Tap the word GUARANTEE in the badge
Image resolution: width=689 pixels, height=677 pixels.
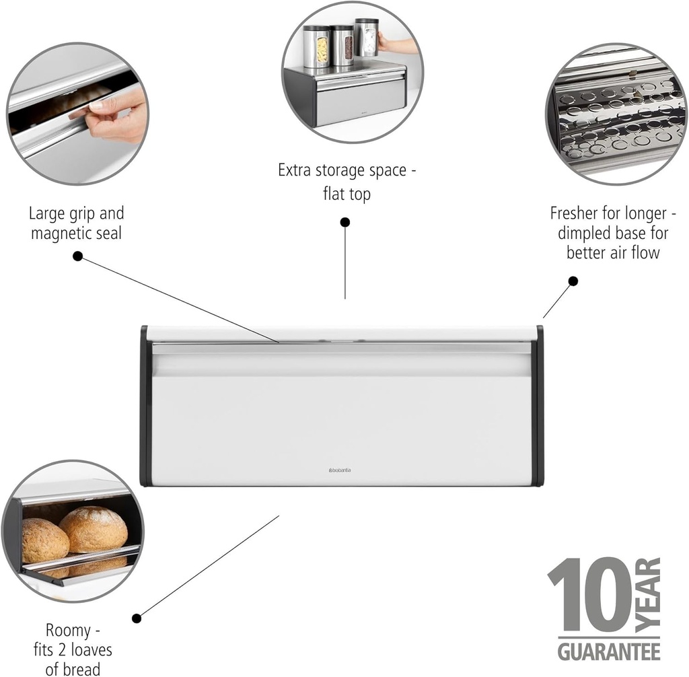coord(608,651)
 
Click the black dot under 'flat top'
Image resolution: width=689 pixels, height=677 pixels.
coord(345,222)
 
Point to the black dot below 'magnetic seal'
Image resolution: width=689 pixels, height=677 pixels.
coord(77,256)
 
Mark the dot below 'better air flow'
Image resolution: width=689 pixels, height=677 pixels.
coord(573,281)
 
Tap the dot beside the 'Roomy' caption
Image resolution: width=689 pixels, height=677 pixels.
coord(137,618)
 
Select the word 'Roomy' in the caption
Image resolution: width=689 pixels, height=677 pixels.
coord(67,631)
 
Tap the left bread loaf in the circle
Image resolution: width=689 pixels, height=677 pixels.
coord(44,540)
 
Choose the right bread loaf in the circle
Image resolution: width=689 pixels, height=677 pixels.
coord(94,529)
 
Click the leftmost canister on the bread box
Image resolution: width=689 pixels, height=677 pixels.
coord(316,48)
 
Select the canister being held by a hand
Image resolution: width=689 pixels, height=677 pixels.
coord(366,38)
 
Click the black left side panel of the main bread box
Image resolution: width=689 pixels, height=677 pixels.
coord(145,406)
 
